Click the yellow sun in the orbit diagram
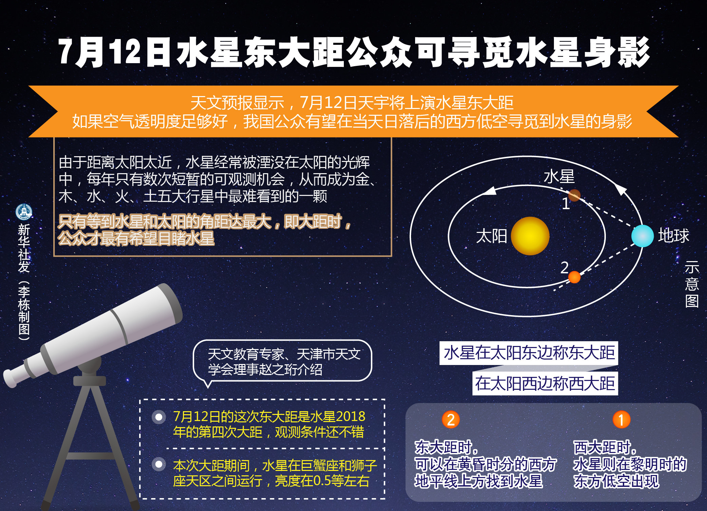(x=530, y=236)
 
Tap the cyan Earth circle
(x=642, y=236)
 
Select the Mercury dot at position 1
(x=574, y=195)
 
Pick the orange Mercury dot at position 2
(x=574, y=277)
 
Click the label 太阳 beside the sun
(x=491, y=236)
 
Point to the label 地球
(x=674, y=236)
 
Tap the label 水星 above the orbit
(x=559, y=177)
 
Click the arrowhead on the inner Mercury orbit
(x=490, y=191)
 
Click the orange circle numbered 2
(x=451, y=420)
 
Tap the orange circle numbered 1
(x=621, y=420)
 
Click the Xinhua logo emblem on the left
(x=24, y=212)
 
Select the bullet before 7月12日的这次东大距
(x=159, y=417)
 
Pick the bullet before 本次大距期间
(x=159, y=464)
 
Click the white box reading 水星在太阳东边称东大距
(x=528, y=353)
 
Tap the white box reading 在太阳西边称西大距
(x=545, y=384)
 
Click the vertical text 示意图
(x=692, y=284)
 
